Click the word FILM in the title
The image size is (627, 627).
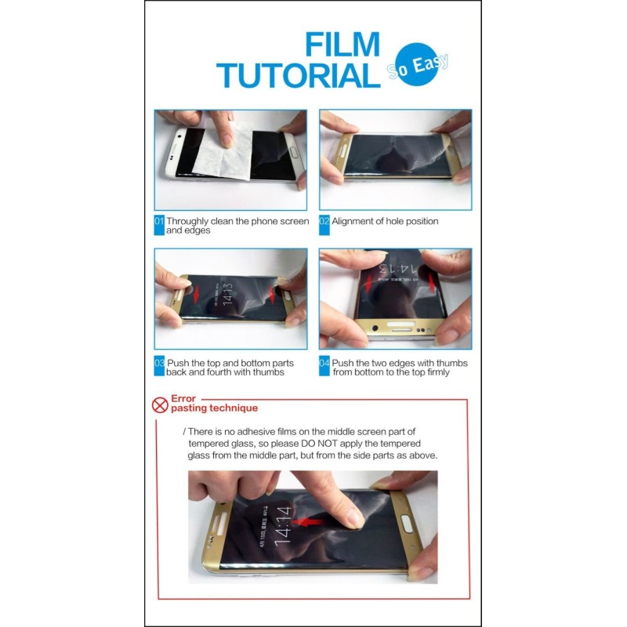point(342,44)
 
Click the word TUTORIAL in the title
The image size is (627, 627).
point(299,75)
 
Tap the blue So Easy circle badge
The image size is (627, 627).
point(417,64)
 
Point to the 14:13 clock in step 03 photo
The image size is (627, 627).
point(227,295)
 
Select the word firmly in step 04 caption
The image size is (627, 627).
point(438,373)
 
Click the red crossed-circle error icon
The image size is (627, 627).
point(160,405)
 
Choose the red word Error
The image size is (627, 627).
point(183,399)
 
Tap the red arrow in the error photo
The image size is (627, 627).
point(307,522)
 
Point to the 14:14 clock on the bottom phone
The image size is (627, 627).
point(283,525)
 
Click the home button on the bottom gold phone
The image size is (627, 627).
point(407,524)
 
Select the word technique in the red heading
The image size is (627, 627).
point(234,408)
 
